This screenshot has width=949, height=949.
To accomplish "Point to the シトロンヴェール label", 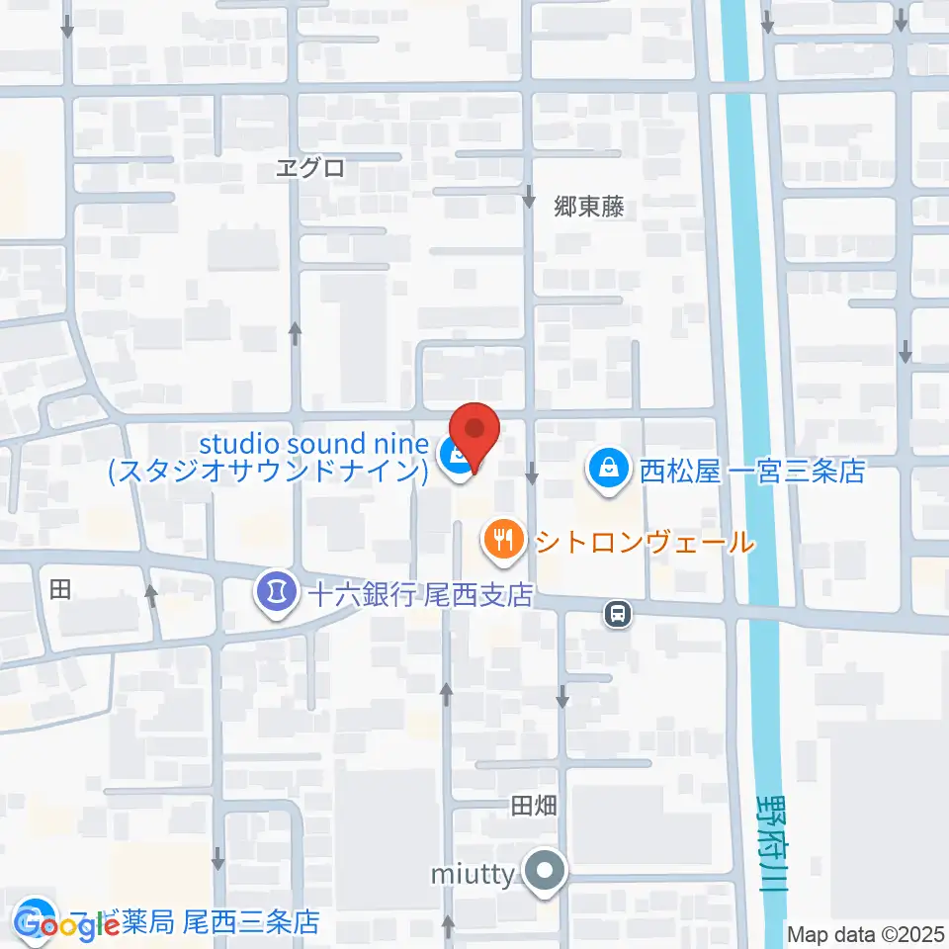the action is [x=645, y=543].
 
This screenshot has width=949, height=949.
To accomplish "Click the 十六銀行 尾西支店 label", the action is [x=420, y=595].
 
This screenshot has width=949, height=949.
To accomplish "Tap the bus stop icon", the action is [x=618, y=615].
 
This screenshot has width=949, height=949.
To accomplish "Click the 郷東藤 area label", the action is [x=589, y=207].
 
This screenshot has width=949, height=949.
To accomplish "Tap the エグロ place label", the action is [x=309, y=168].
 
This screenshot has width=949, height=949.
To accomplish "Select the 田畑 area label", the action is [x=534, y=807].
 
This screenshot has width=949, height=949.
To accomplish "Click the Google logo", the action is [x=67, y=924].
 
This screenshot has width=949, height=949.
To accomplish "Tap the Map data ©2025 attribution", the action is [x=865, y=933].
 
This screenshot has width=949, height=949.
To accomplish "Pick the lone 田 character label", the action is [x=60, y=590].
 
